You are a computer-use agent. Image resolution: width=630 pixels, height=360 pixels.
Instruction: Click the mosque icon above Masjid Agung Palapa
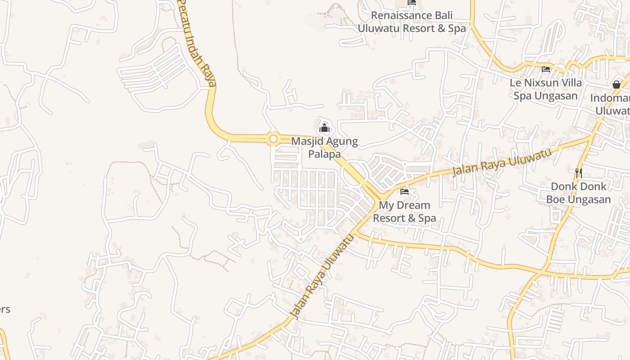(x=324, y=128)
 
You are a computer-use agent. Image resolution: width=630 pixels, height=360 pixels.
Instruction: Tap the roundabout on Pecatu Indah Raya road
(x=273, y=139)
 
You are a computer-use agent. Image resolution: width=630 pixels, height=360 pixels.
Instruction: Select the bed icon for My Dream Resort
(x=405, y=192)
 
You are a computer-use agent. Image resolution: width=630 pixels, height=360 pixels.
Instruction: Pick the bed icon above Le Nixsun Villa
(x=546, y=69)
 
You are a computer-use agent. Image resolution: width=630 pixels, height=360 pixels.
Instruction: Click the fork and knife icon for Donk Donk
(x=579, y=173)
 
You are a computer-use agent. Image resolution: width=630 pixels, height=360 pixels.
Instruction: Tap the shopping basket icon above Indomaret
(x=616, y=84)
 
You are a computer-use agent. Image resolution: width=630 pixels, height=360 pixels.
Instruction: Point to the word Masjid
(x=308, y=141)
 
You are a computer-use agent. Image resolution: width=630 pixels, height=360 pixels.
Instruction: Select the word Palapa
(x=324, y=154)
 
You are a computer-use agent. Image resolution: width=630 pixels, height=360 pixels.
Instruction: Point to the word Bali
(x=444, y=15)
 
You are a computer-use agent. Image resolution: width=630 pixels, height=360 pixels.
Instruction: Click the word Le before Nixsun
(x=515, y=83)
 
